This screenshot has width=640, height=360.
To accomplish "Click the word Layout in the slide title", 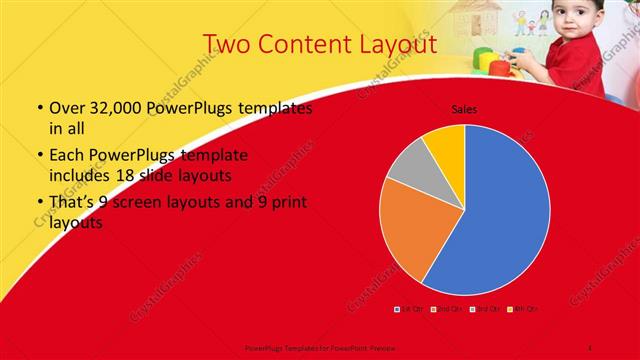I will tap(397, 44).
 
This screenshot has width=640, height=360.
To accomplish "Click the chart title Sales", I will tap(464, 108).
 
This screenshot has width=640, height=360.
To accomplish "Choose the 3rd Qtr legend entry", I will tap(484, 309).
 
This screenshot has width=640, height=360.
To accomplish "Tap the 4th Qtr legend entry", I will tap(521, 309).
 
